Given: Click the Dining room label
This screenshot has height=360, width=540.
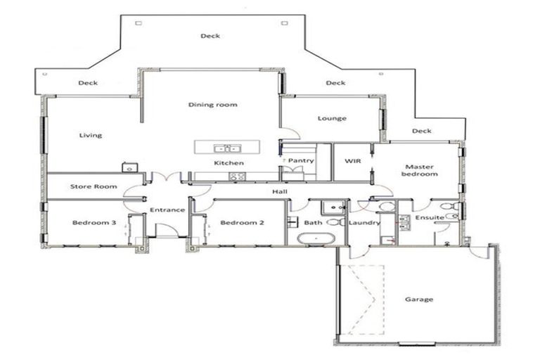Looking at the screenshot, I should (212, 105).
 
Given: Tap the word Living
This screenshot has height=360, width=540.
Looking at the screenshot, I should (90, 136).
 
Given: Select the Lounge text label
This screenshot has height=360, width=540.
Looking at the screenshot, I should (332, 118).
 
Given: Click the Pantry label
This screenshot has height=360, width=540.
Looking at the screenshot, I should (301, 161).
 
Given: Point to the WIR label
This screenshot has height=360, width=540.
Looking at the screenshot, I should (352, 161).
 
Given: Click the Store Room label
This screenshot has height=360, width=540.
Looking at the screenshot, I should (92, 186).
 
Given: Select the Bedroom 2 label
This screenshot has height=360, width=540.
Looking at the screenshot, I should (242, 223).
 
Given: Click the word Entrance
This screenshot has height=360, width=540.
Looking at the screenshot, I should (167, 210).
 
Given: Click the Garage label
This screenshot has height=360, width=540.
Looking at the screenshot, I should (418, 300).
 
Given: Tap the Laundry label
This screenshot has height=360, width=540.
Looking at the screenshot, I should (364, 223).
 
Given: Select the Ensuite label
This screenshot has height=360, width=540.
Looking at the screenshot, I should (429, 218).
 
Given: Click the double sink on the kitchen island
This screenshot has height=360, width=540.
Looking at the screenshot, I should (226, 148).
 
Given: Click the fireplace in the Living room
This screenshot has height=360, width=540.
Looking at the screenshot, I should (129, 168).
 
